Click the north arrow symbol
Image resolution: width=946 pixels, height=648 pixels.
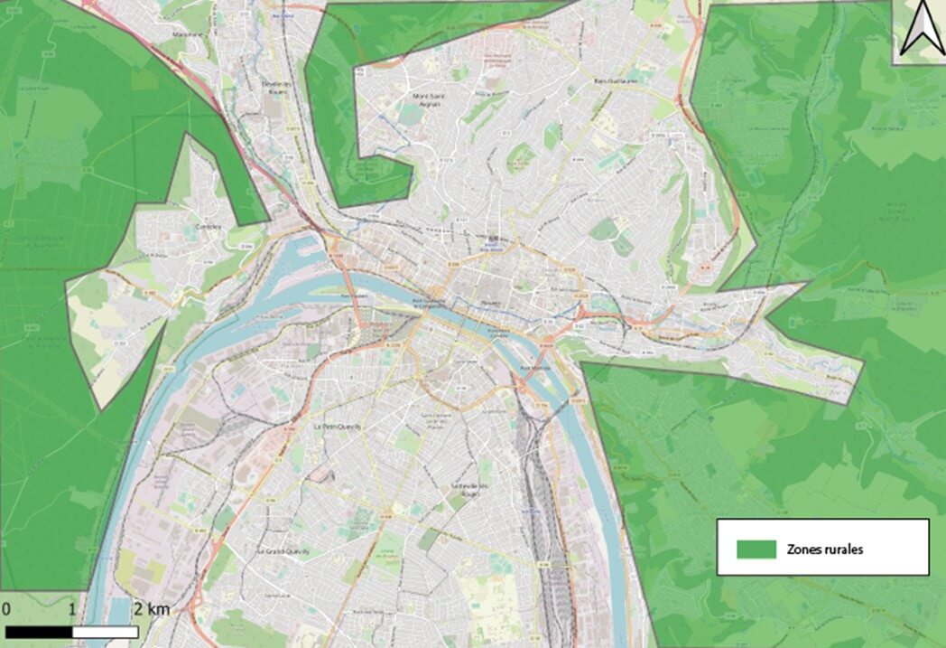[x=920, y=28]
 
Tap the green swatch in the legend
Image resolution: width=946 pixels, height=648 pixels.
[x=756, y=548]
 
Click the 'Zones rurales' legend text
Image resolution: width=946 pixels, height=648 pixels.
[x=825, y=549]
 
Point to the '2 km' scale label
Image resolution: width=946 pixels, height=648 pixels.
[x=153, y=610]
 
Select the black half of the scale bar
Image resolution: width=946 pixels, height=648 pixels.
[x=39, y=631]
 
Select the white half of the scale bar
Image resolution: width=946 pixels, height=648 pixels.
[x=105, y=631]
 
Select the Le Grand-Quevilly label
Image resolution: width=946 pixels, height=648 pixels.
[x=283, y=549]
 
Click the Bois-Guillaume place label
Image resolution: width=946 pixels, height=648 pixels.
[x=616, y=80]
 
